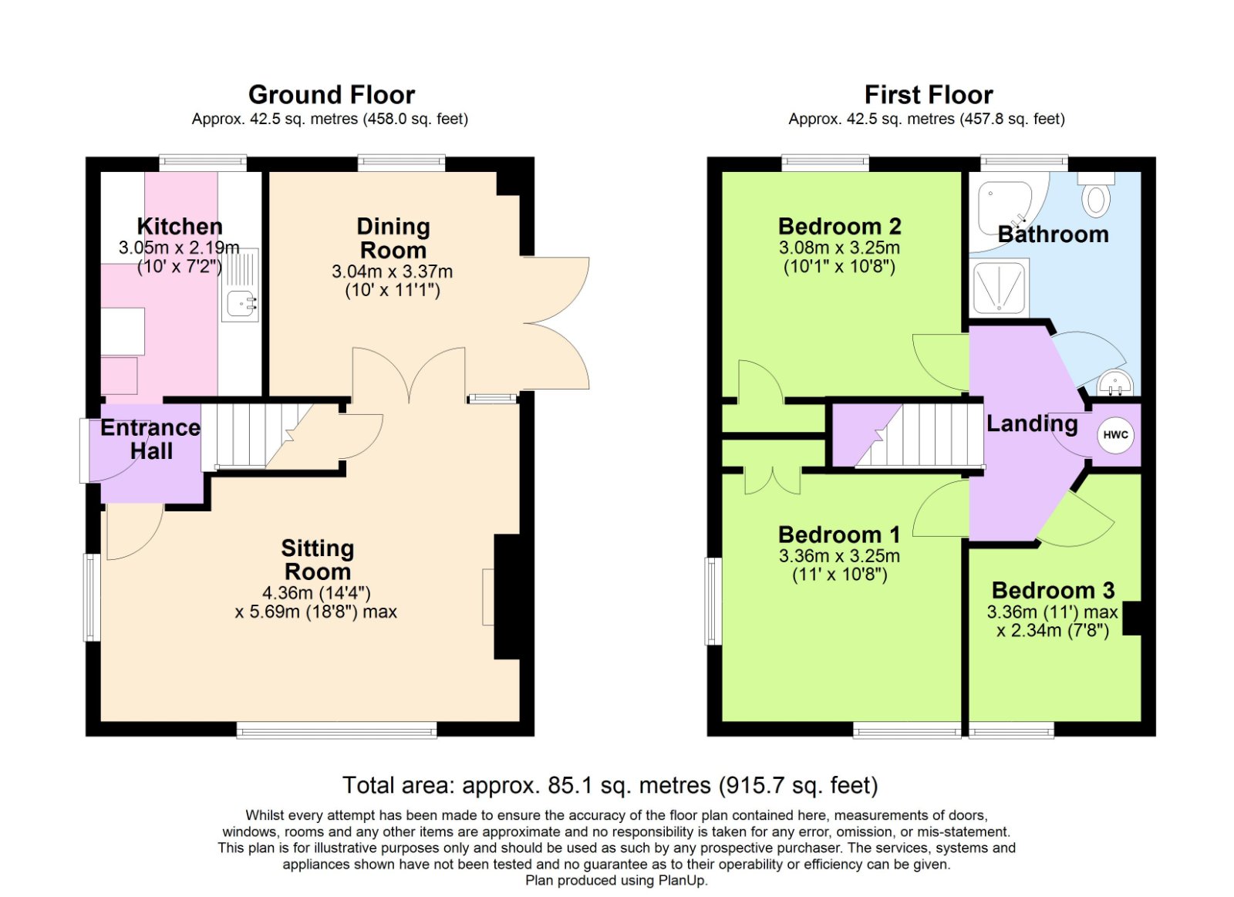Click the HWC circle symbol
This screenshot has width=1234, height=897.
click(x=1115, y=435)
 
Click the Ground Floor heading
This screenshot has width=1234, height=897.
click(x=332, y=95)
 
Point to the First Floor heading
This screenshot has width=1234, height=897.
click(x=929, y=95)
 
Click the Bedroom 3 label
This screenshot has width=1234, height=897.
click(x=1053, y=590)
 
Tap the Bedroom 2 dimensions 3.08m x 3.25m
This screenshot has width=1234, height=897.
click(x=839, y=248)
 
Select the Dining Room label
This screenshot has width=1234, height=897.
click(x=393, y=238)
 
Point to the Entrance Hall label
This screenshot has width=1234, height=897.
click(x=150, y=439)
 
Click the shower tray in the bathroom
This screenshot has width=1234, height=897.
click(x=999, y=288)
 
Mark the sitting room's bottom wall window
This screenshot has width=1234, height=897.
click(x=336, y=730)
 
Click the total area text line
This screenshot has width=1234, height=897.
click(x=610, y=785)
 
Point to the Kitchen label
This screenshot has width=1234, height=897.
click(x=180, y=226)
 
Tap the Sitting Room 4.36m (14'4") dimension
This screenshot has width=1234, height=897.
click(x=316, y=593)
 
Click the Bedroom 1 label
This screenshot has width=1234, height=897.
click(x=839, y=534)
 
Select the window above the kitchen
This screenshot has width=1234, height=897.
click(x=203, y=163)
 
